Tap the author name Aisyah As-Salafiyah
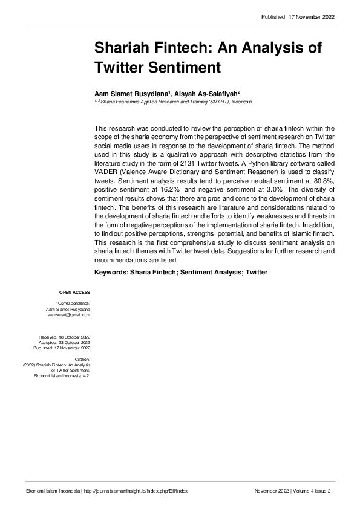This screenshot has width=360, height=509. [x=206, y=94]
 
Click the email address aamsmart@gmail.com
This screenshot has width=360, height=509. [x=69, y=315]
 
